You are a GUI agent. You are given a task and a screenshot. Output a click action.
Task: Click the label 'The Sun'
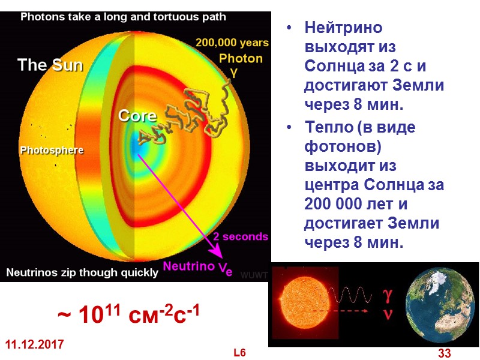[50, 65]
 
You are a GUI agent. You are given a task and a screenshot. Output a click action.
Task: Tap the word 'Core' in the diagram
[137, 115]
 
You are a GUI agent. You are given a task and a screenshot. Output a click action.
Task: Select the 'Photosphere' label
[52, 150]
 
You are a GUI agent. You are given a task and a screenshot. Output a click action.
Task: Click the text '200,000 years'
[232, 43]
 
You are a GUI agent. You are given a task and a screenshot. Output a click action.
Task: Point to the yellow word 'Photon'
[241, 58]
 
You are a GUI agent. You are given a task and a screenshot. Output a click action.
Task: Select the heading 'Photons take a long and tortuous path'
[124, 17]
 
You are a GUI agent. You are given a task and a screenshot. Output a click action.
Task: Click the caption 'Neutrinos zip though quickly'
[82, 272]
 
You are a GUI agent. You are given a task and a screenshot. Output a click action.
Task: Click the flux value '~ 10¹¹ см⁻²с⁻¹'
[128, 314]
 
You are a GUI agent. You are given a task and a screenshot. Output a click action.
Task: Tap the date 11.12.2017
[35, 345]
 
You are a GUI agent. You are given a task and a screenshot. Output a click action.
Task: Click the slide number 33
[445, 353]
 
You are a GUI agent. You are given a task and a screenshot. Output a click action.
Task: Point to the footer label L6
[240, 353]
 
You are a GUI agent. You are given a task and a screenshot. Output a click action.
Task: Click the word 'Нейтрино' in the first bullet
[343, 28]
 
